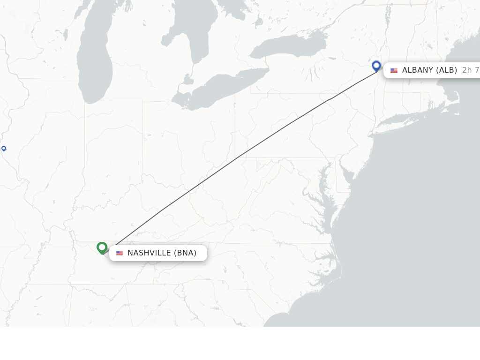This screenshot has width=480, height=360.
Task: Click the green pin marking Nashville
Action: point(102,247)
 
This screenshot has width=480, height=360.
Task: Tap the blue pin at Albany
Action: point(376,66)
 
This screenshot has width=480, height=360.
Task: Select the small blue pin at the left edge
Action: point(4,149)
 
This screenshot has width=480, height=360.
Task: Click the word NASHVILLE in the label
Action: point(149,253)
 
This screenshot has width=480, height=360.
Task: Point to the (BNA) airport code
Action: point(185,253)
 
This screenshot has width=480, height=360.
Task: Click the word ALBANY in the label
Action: point(418,70)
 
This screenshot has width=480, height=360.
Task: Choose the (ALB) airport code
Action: point(447,70)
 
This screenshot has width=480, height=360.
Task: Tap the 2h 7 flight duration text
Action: point(470,70)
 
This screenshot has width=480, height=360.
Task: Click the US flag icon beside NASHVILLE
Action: point(120,253)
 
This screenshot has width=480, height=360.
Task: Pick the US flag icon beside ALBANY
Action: point(394,70)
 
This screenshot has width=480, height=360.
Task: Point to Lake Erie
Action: point(220,89)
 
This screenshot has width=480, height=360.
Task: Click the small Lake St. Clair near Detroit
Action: point(188,79)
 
